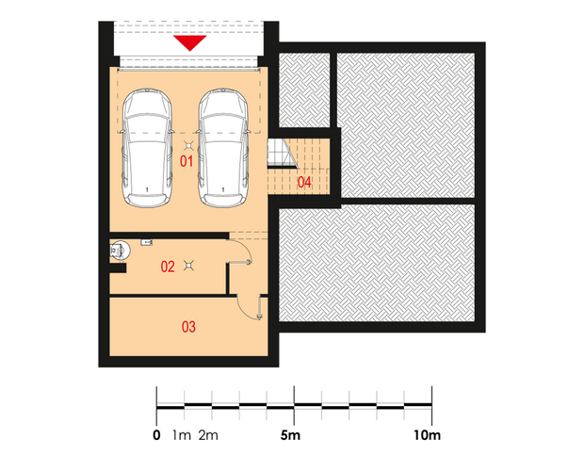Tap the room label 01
coord(187,161)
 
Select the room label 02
coord(168,267)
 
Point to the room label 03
coord(188,327)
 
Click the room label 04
coord(304,182)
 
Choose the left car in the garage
coord(147,148)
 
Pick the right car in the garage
coord(223,148)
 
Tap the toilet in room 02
coord(120,250)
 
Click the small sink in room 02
coord(146,242)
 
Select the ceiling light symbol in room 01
coord(188,146)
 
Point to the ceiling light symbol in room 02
coord(189,266)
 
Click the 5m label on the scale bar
coord(290,434)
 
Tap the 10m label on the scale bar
coord(427,434)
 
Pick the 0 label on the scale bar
coord(156,434)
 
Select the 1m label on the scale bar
coord(182,434)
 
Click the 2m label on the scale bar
coord(208,434)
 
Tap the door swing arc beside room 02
coord(246,247)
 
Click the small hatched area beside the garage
coord(304,90)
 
